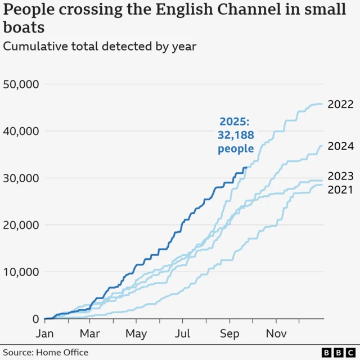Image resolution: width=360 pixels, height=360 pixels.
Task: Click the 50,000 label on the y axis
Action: coord(20,84)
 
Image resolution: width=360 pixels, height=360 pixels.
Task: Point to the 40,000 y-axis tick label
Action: coord(20,131)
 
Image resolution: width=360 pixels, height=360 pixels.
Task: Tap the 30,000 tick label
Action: coord(20,178)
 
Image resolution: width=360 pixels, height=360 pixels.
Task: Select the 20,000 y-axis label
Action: coord(20,225)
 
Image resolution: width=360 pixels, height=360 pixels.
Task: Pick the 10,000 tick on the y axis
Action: coord(20,272)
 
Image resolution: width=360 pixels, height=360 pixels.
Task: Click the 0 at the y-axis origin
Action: coord(34,319)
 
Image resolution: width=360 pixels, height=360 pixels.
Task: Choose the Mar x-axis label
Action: coord(90,334)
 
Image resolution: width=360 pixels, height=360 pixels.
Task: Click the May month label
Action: coord(136,334)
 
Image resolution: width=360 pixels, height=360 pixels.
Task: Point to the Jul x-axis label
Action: coord(182,334)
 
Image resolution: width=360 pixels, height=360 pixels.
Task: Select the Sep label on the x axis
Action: coord(229,334)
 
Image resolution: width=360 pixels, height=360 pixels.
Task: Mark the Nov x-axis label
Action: coord(276,334)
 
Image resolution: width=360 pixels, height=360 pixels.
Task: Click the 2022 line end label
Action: coord(340,105)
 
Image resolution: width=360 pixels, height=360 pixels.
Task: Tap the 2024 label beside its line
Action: coord(340,147)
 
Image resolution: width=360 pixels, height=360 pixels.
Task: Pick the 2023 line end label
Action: coord(340,176)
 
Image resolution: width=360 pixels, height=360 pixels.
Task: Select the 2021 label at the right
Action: coord(340,190)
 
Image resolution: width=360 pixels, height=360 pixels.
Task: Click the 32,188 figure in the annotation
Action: coord(236,135)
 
